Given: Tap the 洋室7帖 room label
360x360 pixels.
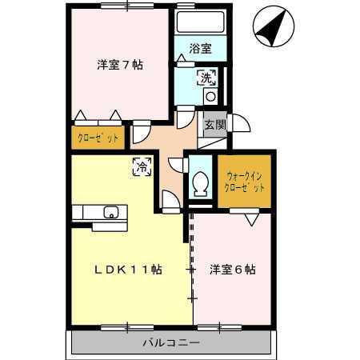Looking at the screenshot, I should click(120, 66).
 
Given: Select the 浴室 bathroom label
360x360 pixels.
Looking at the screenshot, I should click(200, 48).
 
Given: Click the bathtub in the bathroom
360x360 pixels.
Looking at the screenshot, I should click(200, 22).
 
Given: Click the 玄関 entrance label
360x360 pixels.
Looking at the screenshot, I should click(213, 124).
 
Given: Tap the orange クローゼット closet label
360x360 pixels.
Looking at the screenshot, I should click(98, 138).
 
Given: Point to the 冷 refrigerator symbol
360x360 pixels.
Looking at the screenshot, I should click(142, 167).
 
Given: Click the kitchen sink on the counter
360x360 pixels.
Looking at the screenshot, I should click(110, 212).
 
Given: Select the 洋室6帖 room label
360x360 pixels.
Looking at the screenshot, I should click(233, 270).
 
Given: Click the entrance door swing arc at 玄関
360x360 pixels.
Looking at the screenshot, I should click(240, 124).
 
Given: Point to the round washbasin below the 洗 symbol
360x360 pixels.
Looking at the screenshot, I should click(211, 97).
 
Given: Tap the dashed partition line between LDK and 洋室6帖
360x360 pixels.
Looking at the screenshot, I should click(193, 240).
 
